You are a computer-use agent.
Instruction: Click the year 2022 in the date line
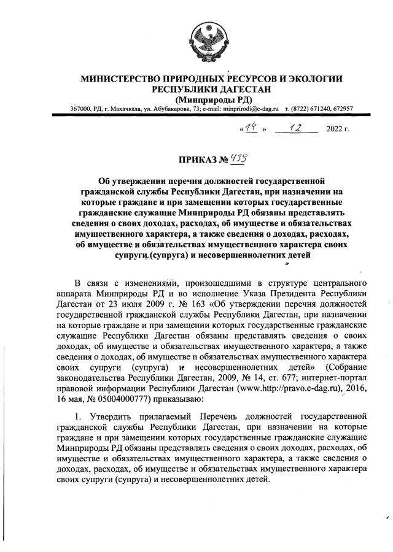[x=337, y=131]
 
